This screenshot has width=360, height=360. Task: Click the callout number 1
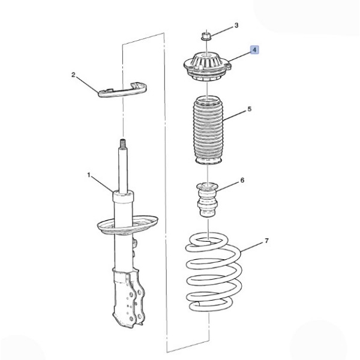coord(89,175)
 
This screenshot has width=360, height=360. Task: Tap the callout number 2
coord(73,75)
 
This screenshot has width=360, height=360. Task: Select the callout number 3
coord(236,25)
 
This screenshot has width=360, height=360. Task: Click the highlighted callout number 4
coord(254,50)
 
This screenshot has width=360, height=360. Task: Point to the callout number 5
coord(250,109)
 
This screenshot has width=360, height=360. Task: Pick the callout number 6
coord(242,180)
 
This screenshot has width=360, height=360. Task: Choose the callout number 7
coord(266,241)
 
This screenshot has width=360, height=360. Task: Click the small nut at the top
coord(206,36)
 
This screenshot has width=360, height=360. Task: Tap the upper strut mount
coord(208,67)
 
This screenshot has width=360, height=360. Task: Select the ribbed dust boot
coord(208,130)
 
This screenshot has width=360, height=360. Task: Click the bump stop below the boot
coord(208,199)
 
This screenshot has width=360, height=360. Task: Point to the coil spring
coord(213,272)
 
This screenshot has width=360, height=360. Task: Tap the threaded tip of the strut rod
coord(123,143)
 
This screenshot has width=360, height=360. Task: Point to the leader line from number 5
coord(235,115)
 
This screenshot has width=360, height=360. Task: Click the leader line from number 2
coord(87,85)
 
